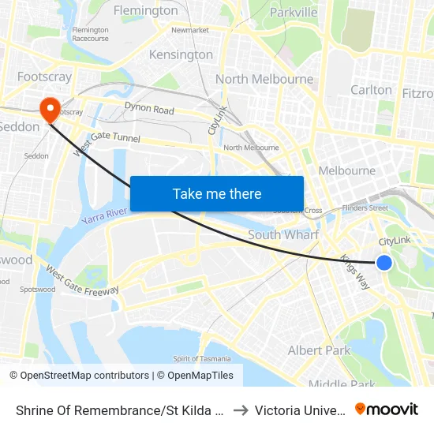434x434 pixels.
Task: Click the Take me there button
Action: (217, 193)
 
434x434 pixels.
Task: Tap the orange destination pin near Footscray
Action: (49, 108)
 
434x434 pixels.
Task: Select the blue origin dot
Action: (384, 263)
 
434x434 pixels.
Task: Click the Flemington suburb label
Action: (146, 11)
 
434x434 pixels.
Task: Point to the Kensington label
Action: (181, 54)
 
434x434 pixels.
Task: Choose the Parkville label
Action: (294, 12)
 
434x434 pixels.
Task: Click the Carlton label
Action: (371, 89)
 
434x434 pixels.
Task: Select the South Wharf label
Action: (283, 234)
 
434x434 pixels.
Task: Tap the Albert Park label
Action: (319, 350)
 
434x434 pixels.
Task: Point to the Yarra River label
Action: (105, 214)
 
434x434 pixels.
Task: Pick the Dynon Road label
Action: (149, 110)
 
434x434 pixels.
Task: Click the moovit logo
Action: (386, 409)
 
